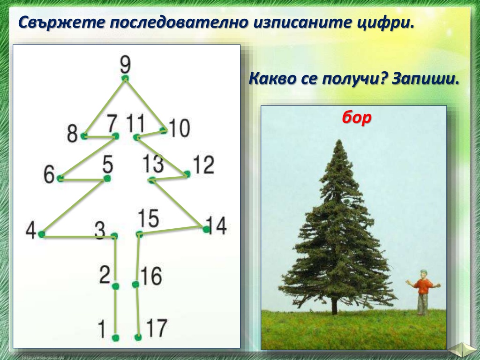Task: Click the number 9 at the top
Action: (x=125, y=65)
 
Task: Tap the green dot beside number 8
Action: (x=83, y=135)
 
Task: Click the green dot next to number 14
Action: (x=206, y=229)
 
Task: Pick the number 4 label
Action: (x=31, y=230)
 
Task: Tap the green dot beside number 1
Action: (x=115, y=337)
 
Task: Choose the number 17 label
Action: (x=157, y=328)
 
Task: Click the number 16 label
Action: (x=151, y=276)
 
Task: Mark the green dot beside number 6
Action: (x=60, y=178)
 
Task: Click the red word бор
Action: (x=357, y=117)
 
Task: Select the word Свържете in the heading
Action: (x=61, y=22)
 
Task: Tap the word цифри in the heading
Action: (x=385, y=23)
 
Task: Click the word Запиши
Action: (x=426, y=79)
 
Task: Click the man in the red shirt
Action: (x=423, y=292)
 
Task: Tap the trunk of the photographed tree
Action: (x=335, y=306)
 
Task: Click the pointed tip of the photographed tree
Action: (x=339, y=140)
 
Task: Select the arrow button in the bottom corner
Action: (x=463, y=350)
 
